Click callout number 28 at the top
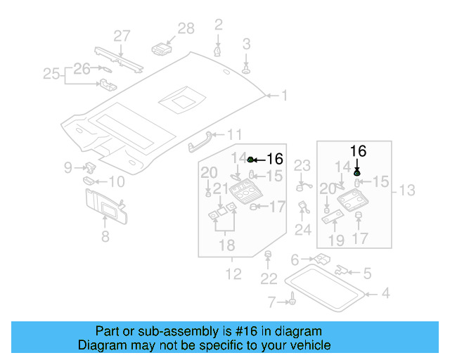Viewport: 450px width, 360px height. click(x=186, y=28)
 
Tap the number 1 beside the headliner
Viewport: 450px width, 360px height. click(x=285, y=95)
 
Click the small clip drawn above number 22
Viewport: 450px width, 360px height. click(x=267, y=254)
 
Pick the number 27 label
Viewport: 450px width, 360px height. click(x=122, y=36)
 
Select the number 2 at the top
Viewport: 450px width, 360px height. click(x=219, y=25)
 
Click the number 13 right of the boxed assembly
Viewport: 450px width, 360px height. click(x=407, y=190)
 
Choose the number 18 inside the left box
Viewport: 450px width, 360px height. click(x=225, y=245)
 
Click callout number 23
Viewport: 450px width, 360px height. click(x=302, y=166)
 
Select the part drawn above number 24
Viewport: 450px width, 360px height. click(x=304, y=208)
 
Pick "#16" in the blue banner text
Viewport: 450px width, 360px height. click(x=227, y=331)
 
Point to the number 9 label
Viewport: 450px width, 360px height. click(x=68, y=167)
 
